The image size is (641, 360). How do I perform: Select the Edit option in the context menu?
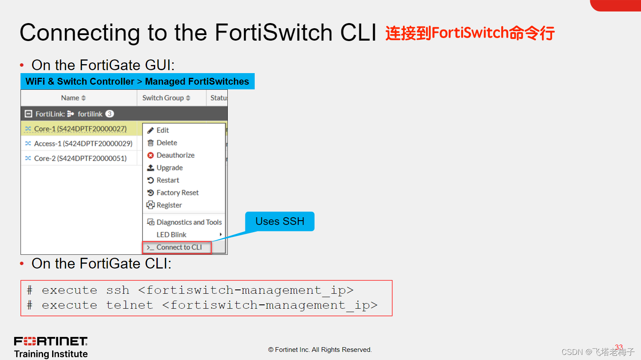162,130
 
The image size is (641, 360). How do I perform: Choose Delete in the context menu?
167,143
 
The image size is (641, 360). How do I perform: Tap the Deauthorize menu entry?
175,155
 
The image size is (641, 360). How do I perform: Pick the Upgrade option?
169,168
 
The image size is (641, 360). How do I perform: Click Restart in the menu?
168,180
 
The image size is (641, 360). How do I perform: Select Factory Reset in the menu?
177,193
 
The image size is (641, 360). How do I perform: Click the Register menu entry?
169,205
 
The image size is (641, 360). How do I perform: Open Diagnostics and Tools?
189,222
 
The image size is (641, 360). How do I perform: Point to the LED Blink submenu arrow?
221,235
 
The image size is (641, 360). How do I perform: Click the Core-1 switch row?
80,129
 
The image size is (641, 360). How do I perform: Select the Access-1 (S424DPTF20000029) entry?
83,144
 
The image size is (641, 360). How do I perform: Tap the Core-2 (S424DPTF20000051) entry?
80,158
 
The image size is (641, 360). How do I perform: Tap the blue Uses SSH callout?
280,221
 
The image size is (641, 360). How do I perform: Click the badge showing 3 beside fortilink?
110,114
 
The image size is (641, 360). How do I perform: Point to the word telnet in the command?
129,305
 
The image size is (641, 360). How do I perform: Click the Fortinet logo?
51,341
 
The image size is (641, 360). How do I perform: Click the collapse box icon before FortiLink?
29,114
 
